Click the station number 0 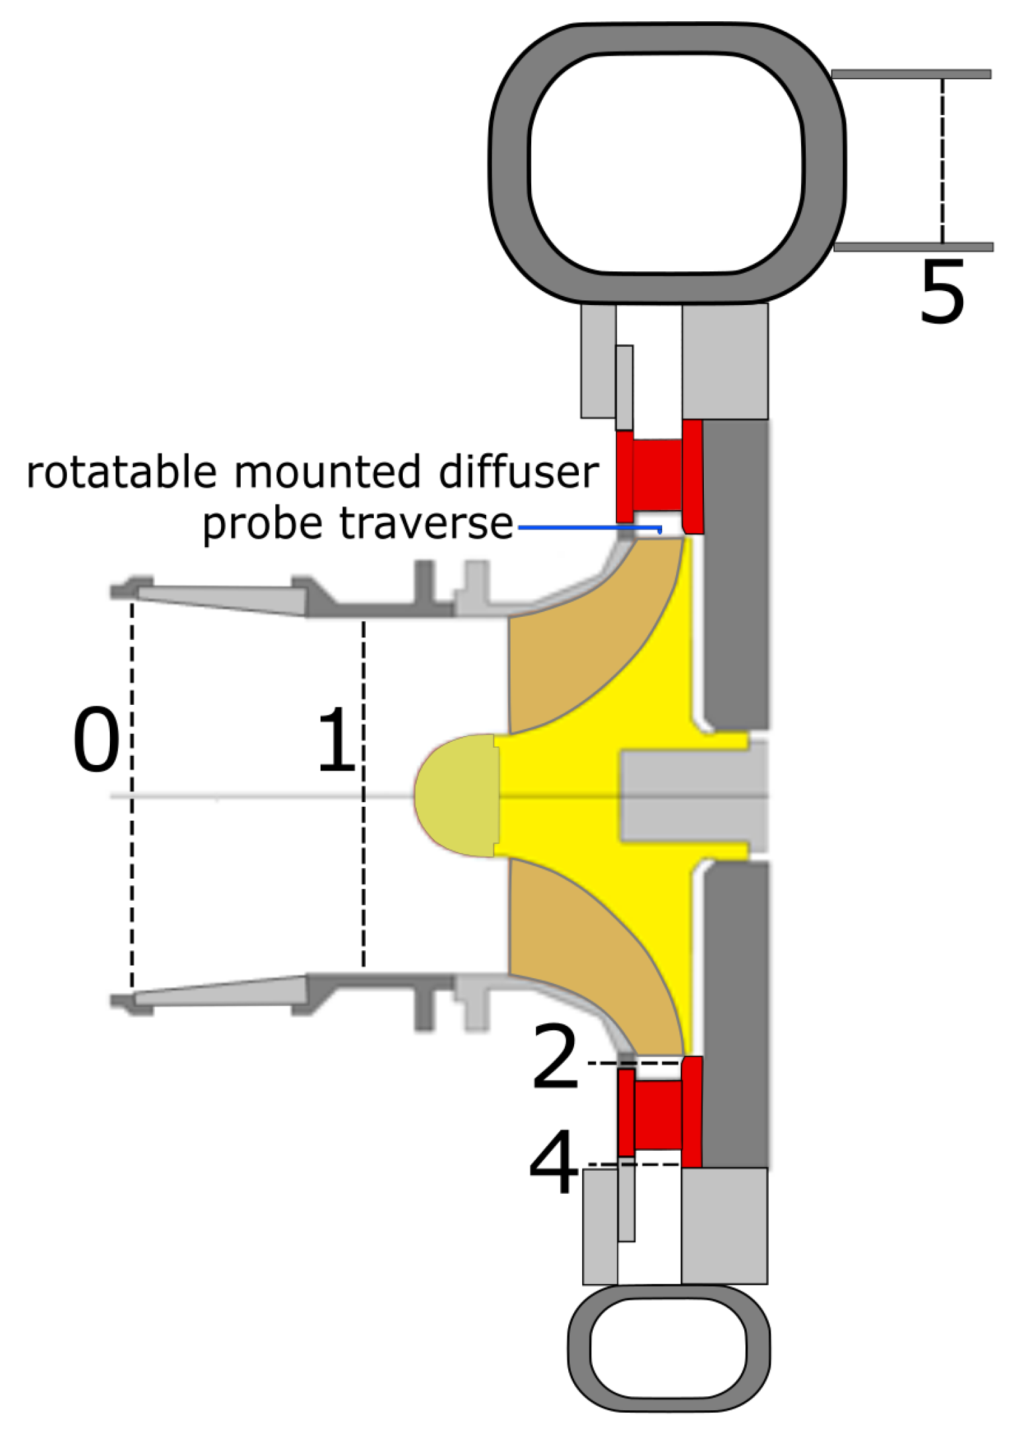97,740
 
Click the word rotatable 122,472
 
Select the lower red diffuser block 658,1115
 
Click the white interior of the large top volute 667,162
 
